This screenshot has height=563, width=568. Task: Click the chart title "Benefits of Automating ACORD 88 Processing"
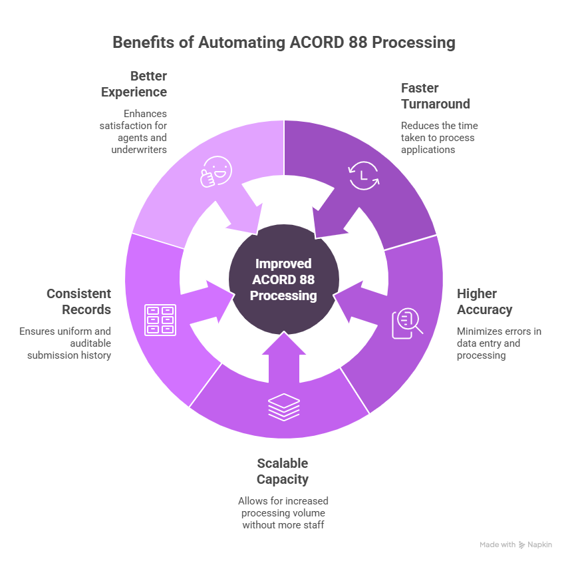pyautogui.click(x=284, y=43)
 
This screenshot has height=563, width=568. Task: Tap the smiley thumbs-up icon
pyautogui.click(x=216, y=172)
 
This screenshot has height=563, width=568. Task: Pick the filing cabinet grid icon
pyautogui.click(x=160, y=319)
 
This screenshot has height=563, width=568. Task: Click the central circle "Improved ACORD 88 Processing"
pyautogui.click(x=284, y=280)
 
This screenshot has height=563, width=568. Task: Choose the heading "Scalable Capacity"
pyautogui.click(x=283, y=471)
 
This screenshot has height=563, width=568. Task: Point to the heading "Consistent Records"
pyautogui.click(x=78, y=301)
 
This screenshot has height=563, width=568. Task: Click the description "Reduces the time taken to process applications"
pyautogui.click(x=438, y=138)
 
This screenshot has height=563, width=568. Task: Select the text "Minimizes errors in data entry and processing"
pyautogui.click(x=498, y=343)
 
